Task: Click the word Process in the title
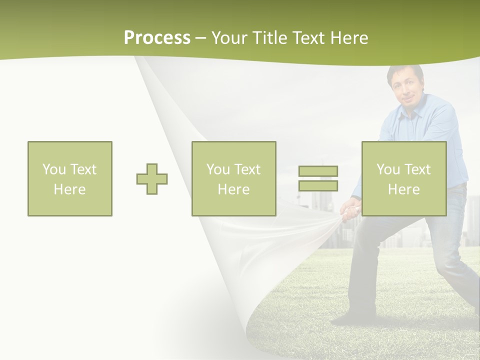coord(157,38)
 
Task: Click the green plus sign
coord(152,179)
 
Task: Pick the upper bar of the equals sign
coord(318,171)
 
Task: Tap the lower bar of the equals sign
coord(318,185)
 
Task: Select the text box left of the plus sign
coord(70,178)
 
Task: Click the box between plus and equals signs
coord(233,178)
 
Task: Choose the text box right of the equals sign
coord(403,178)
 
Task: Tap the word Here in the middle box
coord(233,189)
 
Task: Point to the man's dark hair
coord(405,70)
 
